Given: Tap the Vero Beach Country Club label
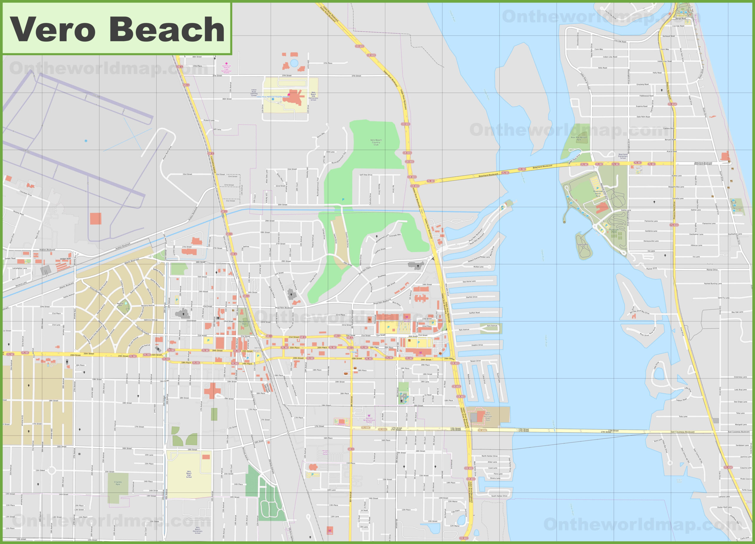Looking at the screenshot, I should (376, 142).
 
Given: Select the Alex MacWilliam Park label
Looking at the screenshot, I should (579, 139).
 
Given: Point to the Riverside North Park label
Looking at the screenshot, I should (598, 194).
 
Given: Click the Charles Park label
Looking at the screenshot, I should (118, 483).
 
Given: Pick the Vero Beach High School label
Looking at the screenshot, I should (189, 474).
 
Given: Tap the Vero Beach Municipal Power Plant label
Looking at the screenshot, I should (488, 417).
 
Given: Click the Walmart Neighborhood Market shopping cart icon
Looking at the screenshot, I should (369, 416).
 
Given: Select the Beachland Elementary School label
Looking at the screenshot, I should (623, 156).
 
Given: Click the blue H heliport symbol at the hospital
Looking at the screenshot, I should (273, 99).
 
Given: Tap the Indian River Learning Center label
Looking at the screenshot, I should (254, 93).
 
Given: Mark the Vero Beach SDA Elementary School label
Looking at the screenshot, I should (313, 96).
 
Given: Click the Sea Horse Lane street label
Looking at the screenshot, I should (469, 281).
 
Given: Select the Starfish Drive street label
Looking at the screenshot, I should (471, 297).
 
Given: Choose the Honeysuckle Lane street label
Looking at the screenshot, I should (651, 241).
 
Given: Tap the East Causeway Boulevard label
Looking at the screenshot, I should (682, 432).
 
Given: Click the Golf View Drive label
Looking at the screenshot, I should (366, 175).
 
